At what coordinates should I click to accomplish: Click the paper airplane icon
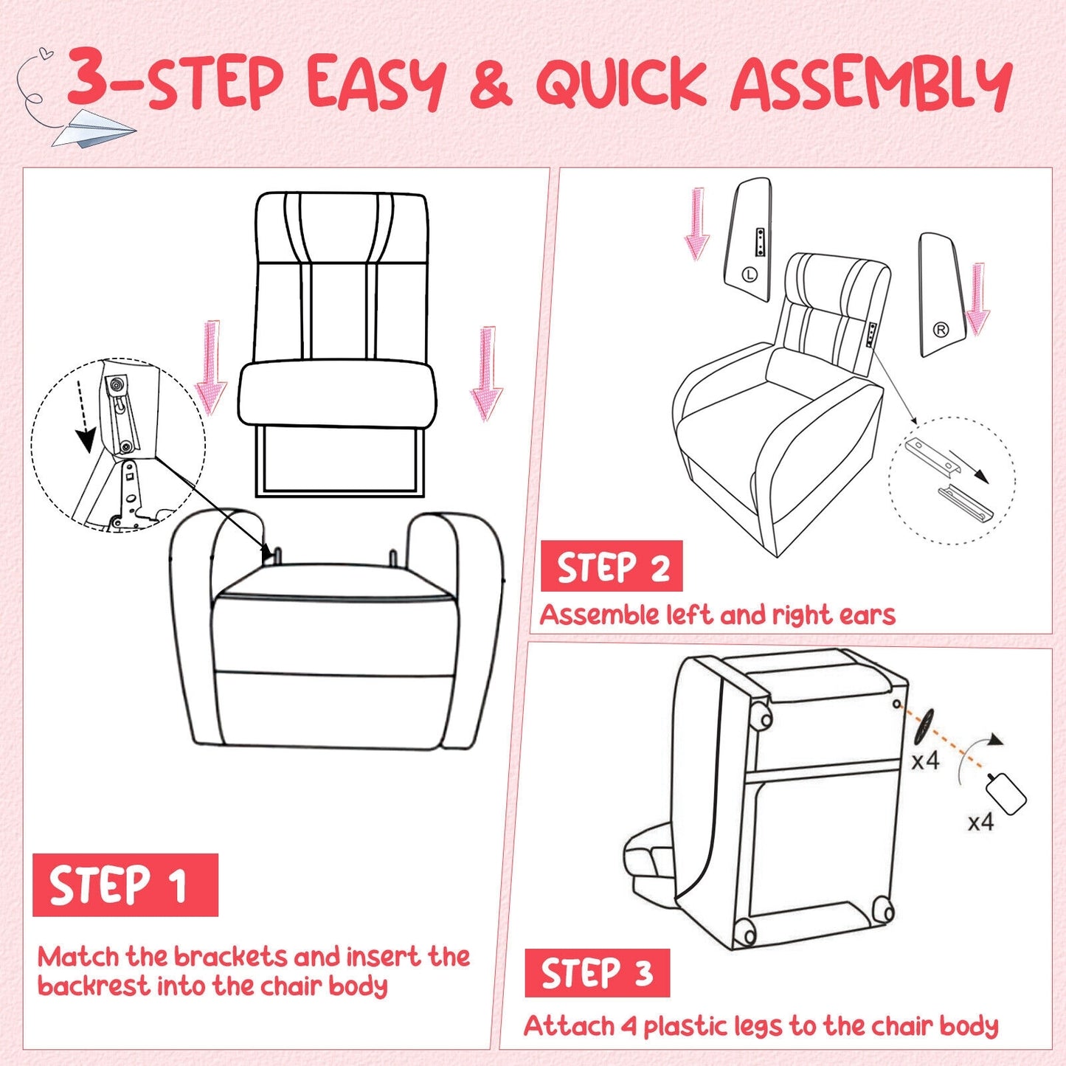(94, 128)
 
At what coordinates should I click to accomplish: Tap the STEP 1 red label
(125, 885)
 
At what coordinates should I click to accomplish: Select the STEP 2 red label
(612, 567)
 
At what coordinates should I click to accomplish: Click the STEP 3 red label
(597, 973)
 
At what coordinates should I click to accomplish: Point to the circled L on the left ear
(750, 274)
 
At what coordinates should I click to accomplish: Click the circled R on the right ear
(941, 330)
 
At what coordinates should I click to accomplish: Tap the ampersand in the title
(490, 83)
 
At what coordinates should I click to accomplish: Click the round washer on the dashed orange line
(924, 727)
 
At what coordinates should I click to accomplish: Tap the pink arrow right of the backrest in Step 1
(486, 373)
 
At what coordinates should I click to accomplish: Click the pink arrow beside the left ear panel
(696, 224)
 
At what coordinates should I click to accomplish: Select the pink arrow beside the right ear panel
(977, 299)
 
